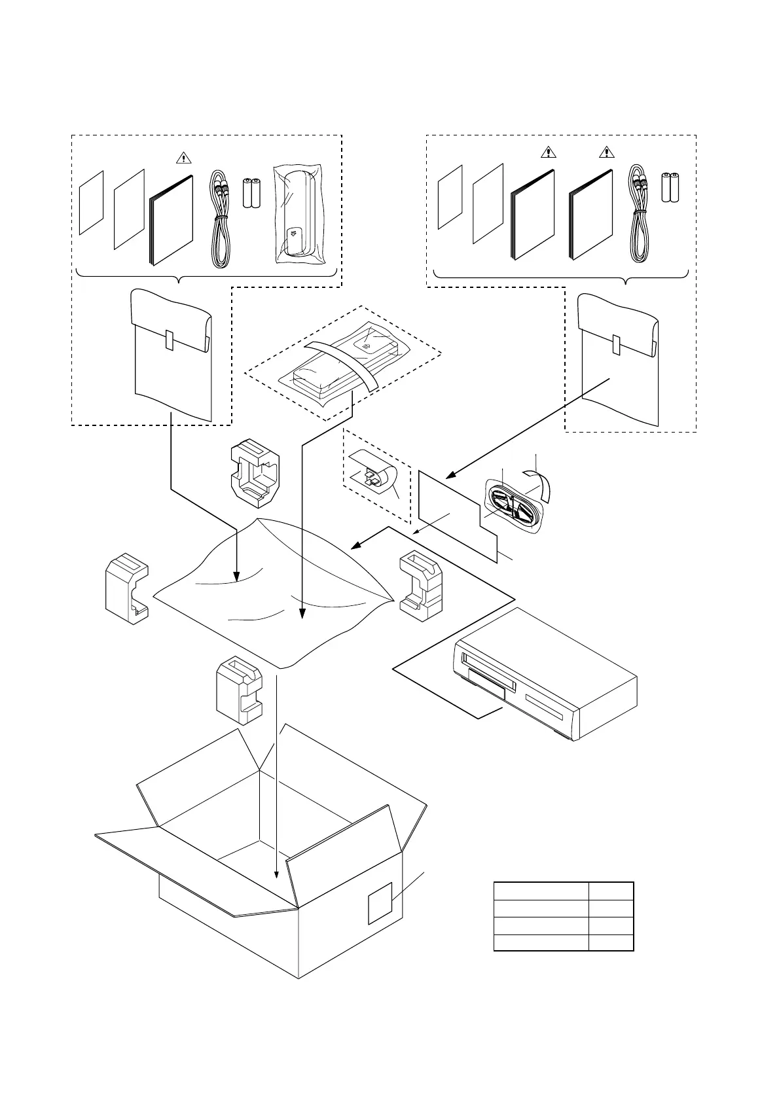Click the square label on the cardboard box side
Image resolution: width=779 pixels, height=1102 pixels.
(x=380, y=902)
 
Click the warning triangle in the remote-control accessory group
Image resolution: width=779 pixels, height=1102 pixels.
(x=184, y=158)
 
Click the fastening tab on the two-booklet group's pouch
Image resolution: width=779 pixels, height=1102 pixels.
(x=615, y=344)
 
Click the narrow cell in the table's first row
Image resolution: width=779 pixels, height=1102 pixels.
(x=611, y=891)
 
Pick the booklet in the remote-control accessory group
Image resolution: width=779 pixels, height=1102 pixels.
(x=172, y=221)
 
